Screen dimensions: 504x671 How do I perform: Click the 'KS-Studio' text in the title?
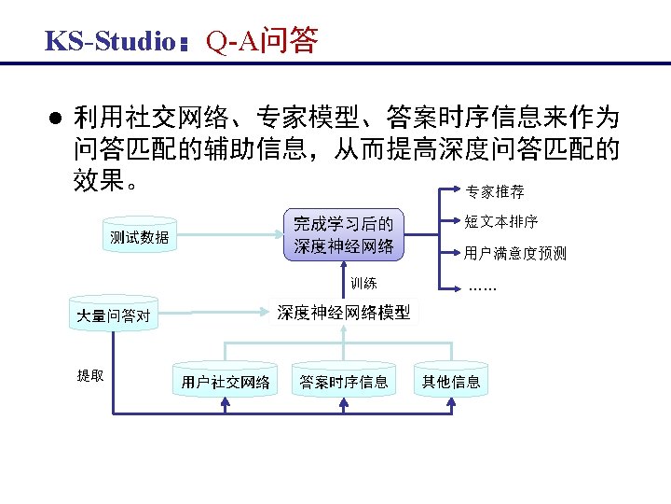(110, 42)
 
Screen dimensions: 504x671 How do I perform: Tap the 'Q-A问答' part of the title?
(262, 41)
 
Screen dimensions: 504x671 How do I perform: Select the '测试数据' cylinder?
(139, 237)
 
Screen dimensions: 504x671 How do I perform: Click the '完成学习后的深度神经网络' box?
(343, 235)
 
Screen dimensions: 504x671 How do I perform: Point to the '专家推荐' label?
(495, 192)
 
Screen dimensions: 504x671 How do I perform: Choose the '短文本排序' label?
(501, 222)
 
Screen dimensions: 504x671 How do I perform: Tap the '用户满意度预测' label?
(514, 253)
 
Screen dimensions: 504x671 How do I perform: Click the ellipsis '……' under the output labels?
(483, 286)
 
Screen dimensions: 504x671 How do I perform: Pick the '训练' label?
(363, 283)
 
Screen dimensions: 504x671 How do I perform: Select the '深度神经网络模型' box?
(344, 313)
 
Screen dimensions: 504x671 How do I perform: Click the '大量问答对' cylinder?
(113, 315)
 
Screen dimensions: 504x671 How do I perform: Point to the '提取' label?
(90, 375)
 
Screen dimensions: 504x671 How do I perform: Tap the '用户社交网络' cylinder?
(226, 381)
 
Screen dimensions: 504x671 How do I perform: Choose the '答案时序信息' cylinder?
(344, 381)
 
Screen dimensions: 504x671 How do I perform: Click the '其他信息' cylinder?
(451, 381)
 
